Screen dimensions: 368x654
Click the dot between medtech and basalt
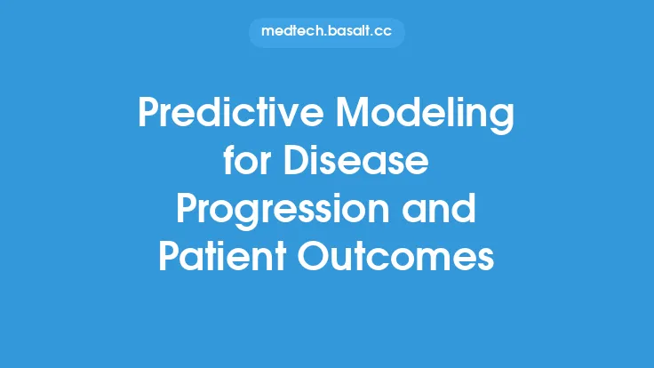pos(323,36)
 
